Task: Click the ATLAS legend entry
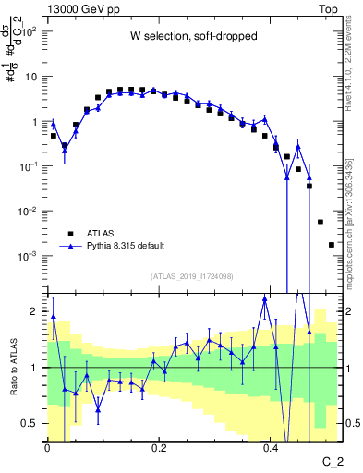click(102, 233)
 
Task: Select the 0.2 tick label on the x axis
click(159, 449)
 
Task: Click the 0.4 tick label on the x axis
click(272, 449)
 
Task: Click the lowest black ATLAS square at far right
click(332, 245)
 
